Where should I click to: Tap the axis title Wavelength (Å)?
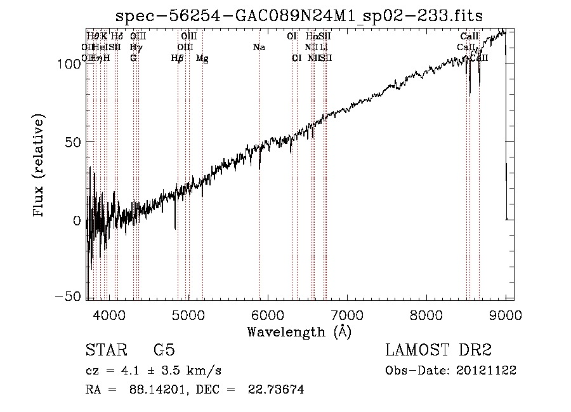pos(299,331)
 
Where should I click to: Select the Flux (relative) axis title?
pos(40,166)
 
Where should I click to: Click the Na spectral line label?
pos(259,47)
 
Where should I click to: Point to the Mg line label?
pos(202,58)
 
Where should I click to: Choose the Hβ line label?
pos(178,58)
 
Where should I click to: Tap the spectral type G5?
pos(164,350)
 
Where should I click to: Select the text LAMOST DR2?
pos(438,350)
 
